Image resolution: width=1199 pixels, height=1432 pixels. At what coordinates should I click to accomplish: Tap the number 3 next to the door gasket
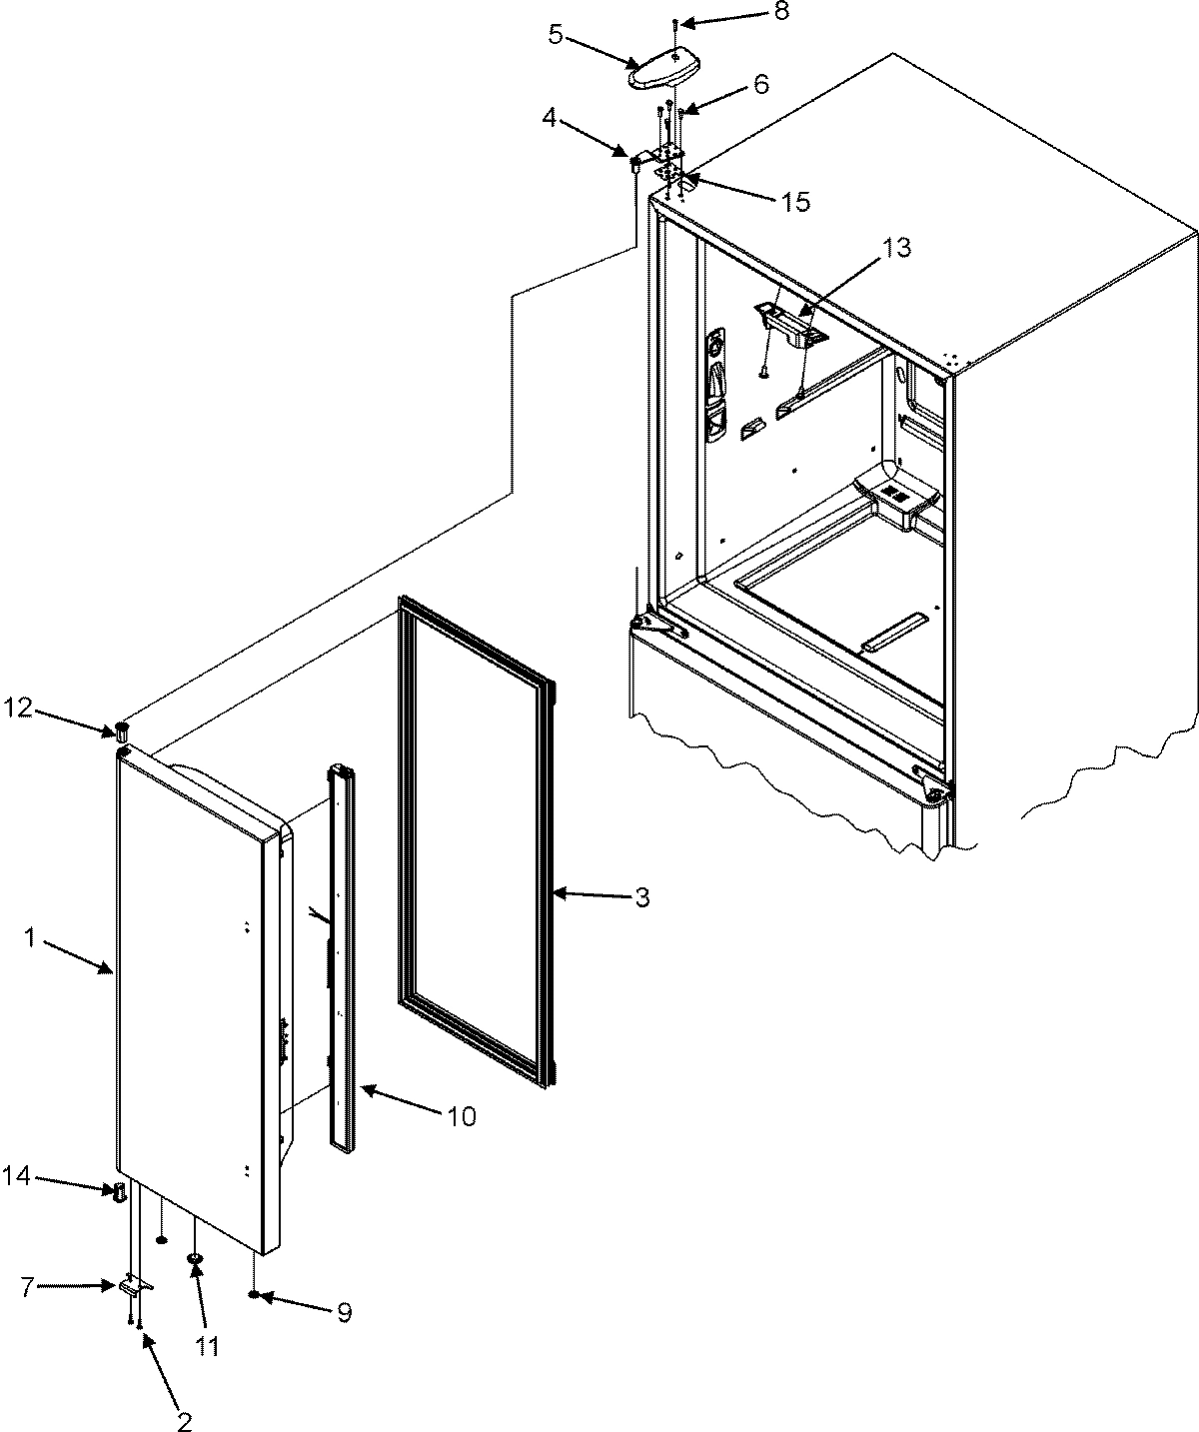point(642,897)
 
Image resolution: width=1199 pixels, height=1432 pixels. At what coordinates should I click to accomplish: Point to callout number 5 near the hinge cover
point(557,34)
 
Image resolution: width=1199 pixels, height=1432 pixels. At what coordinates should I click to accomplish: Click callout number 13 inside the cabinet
point(897,249)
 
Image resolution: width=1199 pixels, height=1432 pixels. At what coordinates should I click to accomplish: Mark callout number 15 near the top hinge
point(796,202)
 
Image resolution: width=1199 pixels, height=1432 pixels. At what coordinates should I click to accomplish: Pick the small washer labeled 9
point(256,1296)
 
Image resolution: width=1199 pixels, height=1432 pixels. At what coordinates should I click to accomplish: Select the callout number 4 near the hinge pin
point(549,119)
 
